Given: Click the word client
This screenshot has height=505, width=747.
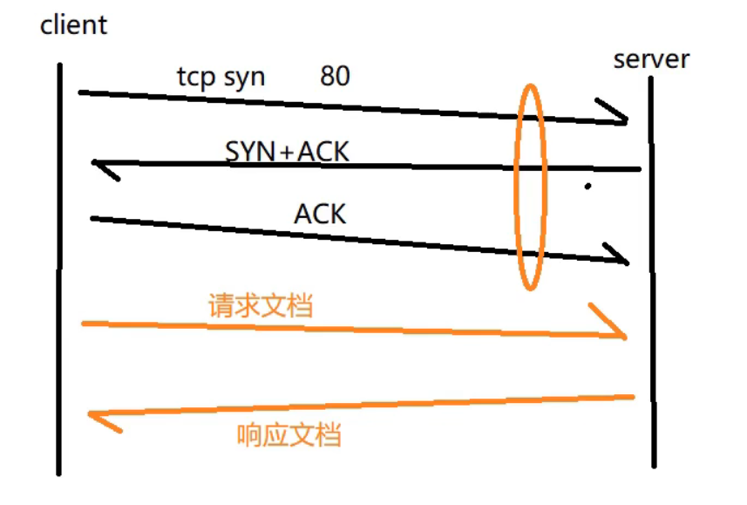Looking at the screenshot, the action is click(x=74, y=25).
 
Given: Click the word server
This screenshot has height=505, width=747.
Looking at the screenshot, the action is click(x=651, y=59).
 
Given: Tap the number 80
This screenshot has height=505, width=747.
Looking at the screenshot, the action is click(x=335, y=76).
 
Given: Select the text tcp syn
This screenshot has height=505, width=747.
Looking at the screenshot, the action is click(x=221, y=78).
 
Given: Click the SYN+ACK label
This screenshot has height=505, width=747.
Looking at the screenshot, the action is click(x=287, y=152).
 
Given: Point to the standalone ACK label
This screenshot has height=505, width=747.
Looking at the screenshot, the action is click(x=320, y=214).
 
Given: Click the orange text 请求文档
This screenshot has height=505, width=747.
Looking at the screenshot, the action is click(x=261, y=305).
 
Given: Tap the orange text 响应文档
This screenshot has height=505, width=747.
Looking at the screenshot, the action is click(x=289, y=434).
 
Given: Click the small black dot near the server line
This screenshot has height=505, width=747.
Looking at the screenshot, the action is click(x=587, y=187).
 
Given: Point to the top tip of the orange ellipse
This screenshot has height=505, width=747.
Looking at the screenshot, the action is click(x=530, y=85).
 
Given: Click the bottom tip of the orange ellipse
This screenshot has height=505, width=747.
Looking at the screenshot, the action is click(x=530, y=290).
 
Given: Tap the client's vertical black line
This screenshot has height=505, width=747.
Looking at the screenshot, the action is click(x=59, y=269).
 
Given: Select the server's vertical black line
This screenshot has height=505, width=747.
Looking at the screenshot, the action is click(x=652, y=272).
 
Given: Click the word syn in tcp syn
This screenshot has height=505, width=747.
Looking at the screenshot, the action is click(x=244, y=78).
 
